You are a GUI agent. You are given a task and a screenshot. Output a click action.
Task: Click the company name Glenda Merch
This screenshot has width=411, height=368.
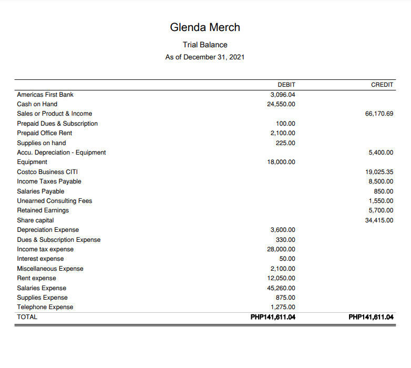[x=205, y=27]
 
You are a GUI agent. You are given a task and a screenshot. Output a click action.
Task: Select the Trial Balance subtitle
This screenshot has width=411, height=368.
[x=205, y=45]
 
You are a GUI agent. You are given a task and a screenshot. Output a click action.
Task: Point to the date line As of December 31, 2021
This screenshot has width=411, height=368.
[x=205, y=57]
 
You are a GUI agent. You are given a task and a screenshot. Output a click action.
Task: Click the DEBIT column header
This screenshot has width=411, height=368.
[x=286, y=85]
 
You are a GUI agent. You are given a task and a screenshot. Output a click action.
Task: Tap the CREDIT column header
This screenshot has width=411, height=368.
[x=382, y=85]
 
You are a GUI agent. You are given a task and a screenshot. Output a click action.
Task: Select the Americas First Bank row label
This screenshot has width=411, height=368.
[x=45, y=95]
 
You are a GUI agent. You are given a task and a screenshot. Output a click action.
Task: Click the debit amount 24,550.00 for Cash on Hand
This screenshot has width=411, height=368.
[x=281, y=104]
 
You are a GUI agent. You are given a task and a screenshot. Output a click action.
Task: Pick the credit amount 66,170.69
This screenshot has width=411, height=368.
[x=379, y=114]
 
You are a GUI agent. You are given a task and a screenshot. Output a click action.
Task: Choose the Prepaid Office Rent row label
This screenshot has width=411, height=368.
[x=44, y=133]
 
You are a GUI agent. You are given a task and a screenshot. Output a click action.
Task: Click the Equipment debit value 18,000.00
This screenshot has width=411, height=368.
[x=281, y=162]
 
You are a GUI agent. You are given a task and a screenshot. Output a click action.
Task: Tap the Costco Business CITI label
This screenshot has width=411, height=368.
[x=47, y=172]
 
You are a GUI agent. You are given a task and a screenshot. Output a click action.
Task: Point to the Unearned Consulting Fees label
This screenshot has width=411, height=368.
[x=54, y=201]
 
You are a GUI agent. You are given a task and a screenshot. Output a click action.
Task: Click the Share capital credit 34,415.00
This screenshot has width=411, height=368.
[x=379, y=220]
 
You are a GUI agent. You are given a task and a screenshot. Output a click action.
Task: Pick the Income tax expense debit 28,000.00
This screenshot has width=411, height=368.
[x=281, y=249]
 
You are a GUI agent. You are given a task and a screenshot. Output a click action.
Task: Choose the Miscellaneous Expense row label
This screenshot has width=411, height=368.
[x=50, y=269]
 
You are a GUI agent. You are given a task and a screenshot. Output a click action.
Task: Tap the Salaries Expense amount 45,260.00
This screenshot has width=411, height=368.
[x=281, y=288]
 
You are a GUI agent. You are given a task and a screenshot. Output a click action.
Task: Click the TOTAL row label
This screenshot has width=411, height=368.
[x=27, y=317]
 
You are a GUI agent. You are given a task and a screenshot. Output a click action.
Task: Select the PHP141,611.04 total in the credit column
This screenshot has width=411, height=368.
[x=371, y=317]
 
